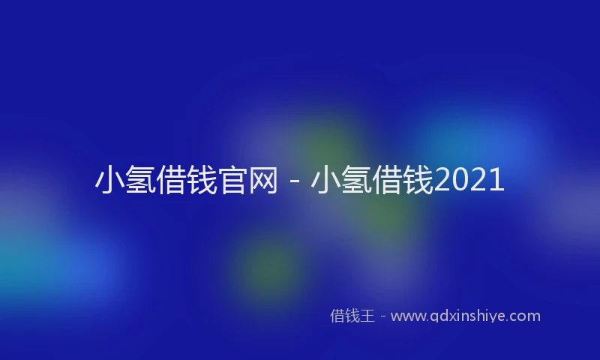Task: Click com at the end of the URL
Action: coord(525,316)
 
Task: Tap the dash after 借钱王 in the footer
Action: coord(382,316)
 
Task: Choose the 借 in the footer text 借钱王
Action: coord(337,316)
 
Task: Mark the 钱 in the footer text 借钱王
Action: coord(352,316)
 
